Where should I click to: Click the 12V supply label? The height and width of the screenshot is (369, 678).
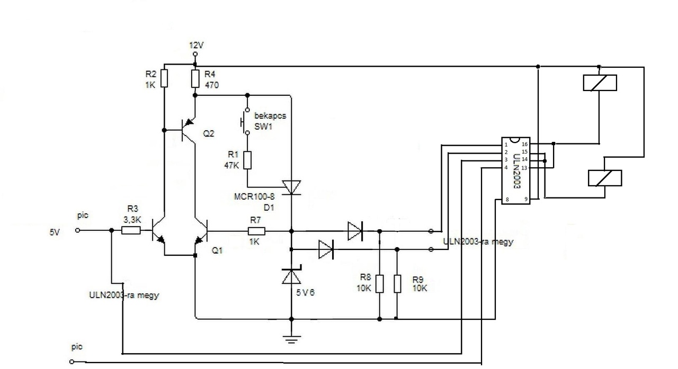(x=197, y=46)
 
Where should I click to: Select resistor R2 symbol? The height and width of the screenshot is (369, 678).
(x=164, y=78)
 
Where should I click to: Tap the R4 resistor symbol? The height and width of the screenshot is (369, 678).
(x=195, y=79)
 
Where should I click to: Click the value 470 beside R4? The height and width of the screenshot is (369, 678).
(x=211, y=85)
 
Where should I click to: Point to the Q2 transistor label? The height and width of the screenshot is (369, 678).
(x=209, y=133)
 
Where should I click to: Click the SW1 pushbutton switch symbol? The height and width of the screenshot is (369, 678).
(x=245, y=122)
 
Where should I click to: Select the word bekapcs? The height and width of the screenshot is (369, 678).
(x=270, y=116)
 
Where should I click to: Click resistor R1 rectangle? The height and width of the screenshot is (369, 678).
(x=247, y=160)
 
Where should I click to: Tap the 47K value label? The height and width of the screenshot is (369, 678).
(x=231, y=166)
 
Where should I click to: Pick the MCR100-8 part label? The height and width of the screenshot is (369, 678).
(x=254, y=196)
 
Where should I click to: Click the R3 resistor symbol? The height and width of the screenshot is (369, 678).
(x=131, y=230)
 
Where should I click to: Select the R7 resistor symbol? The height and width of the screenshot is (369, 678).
(x=256, y=231)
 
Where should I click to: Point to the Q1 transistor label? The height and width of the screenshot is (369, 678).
(x=217, y=250)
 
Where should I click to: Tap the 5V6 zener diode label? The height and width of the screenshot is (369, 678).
(x=305, y=292)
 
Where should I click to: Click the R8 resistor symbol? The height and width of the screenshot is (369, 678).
(x=380, y=284)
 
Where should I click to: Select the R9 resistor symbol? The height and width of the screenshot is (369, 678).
(x=397, y=284)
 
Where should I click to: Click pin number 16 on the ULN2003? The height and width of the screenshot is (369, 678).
(x=524, y=145)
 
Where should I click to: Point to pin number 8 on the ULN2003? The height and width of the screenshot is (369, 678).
(x=507, y=200)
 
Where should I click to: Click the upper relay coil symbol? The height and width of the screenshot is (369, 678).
(x=600, y=83)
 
